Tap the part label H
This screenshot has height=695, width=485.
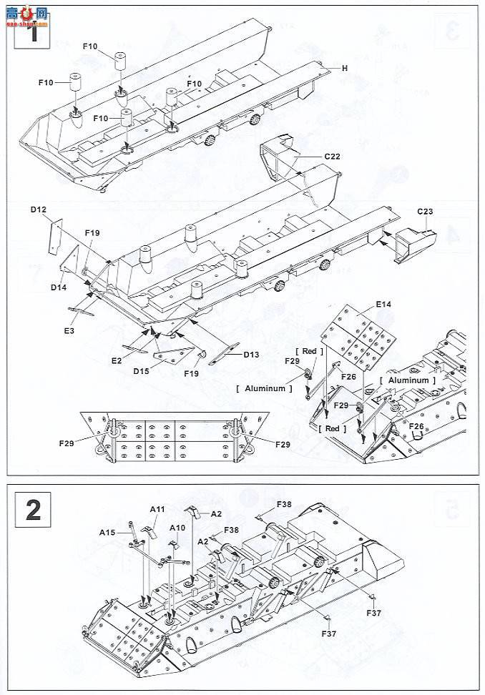343,69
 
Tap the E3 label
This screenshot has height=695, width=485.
69,330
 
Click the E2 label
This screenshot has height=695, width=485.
117,362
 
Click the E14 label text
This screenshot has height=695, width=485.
384,305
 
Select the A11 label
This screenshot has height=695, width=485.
157,508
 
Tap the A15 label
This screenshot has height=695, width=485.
107,532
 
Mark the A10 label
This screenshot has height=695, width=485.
177,528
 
